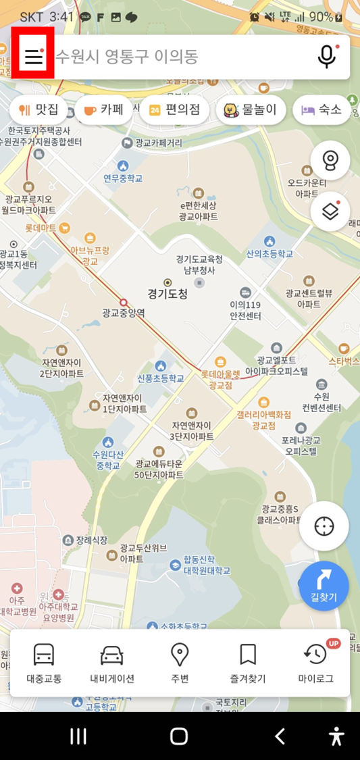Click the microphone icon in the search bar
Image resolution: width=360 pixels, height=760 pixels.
pyautogui.click(x=327, y=57)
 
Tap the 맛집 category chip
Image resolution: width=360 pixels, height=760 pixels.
pyautogui.click(x=39, y=109)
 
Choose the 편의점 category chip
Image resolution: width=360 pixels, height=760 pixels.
pyautogui.click(x=174, y=109)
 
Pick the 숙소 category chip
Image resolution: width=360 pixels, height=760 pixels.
pyautogui.click(x=322, y=109)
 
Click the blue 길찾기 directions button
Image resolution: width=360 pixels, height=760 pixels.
pyautogui.click(x=324, y=586)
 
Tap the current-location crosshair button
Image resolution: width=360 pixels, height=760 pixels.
pyautogui.click(x=324, y=526)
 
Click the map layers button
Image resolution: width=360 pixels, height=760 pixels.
pyautogui.click(x=330, y=211)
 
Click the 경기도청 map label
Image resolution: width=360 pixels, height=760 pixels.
pyautogui.click(x=168, y=294)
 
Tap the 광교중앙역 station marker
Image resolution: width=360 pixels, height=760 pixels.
pyautogui.click(x=123, y=303)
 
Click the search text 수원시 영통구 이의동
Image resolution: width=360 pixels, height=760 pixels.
pyautogui.click(x=127, y=57)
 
